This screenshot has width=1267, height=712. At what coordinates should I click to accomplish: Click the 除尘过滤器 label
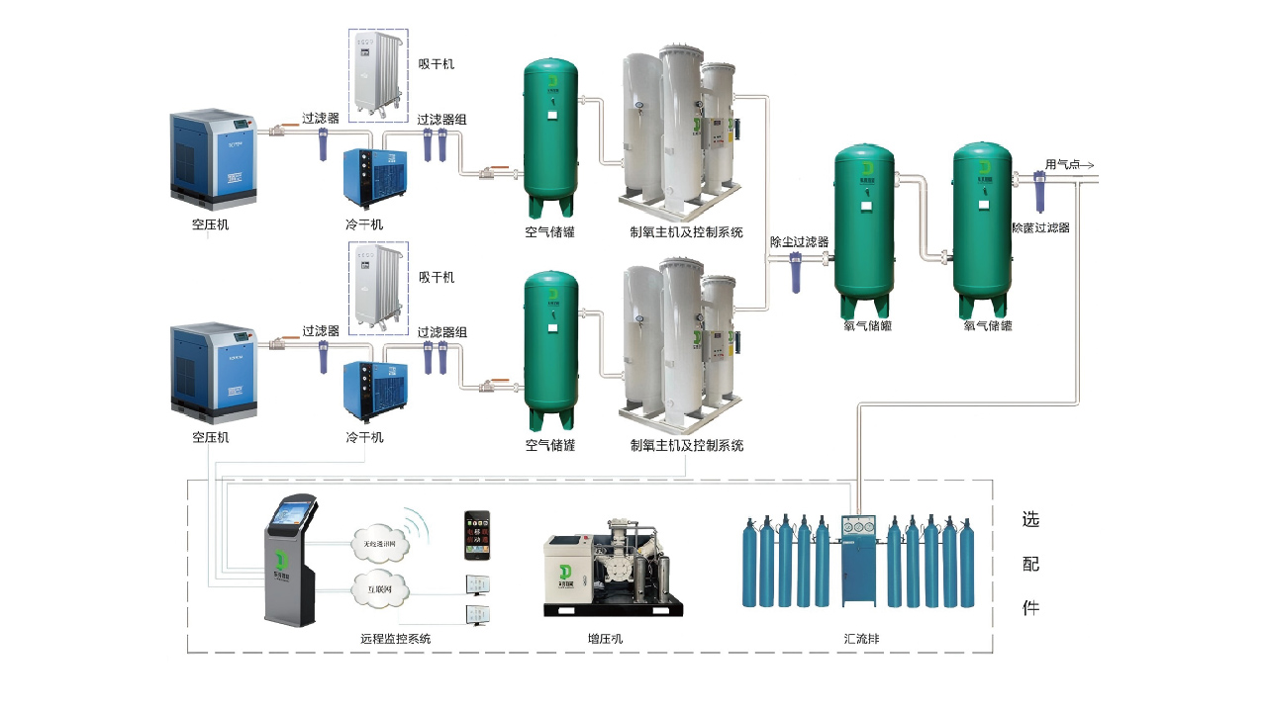[799, 241]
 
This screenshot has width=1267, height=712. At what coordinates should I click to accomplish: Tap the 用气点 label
[1063, 164]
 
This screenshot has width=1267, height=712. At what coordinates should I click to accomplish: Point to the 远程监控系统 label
[396, 639]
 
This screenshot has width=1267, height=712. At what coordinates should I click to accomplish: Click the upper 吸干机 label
[437, 64]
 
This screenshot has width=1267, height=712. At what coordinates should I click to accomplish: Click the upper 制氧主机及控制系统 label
[686, 232]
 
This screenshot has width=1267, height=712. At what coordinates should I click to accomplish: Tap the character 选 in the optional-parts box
[1030, 520]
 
